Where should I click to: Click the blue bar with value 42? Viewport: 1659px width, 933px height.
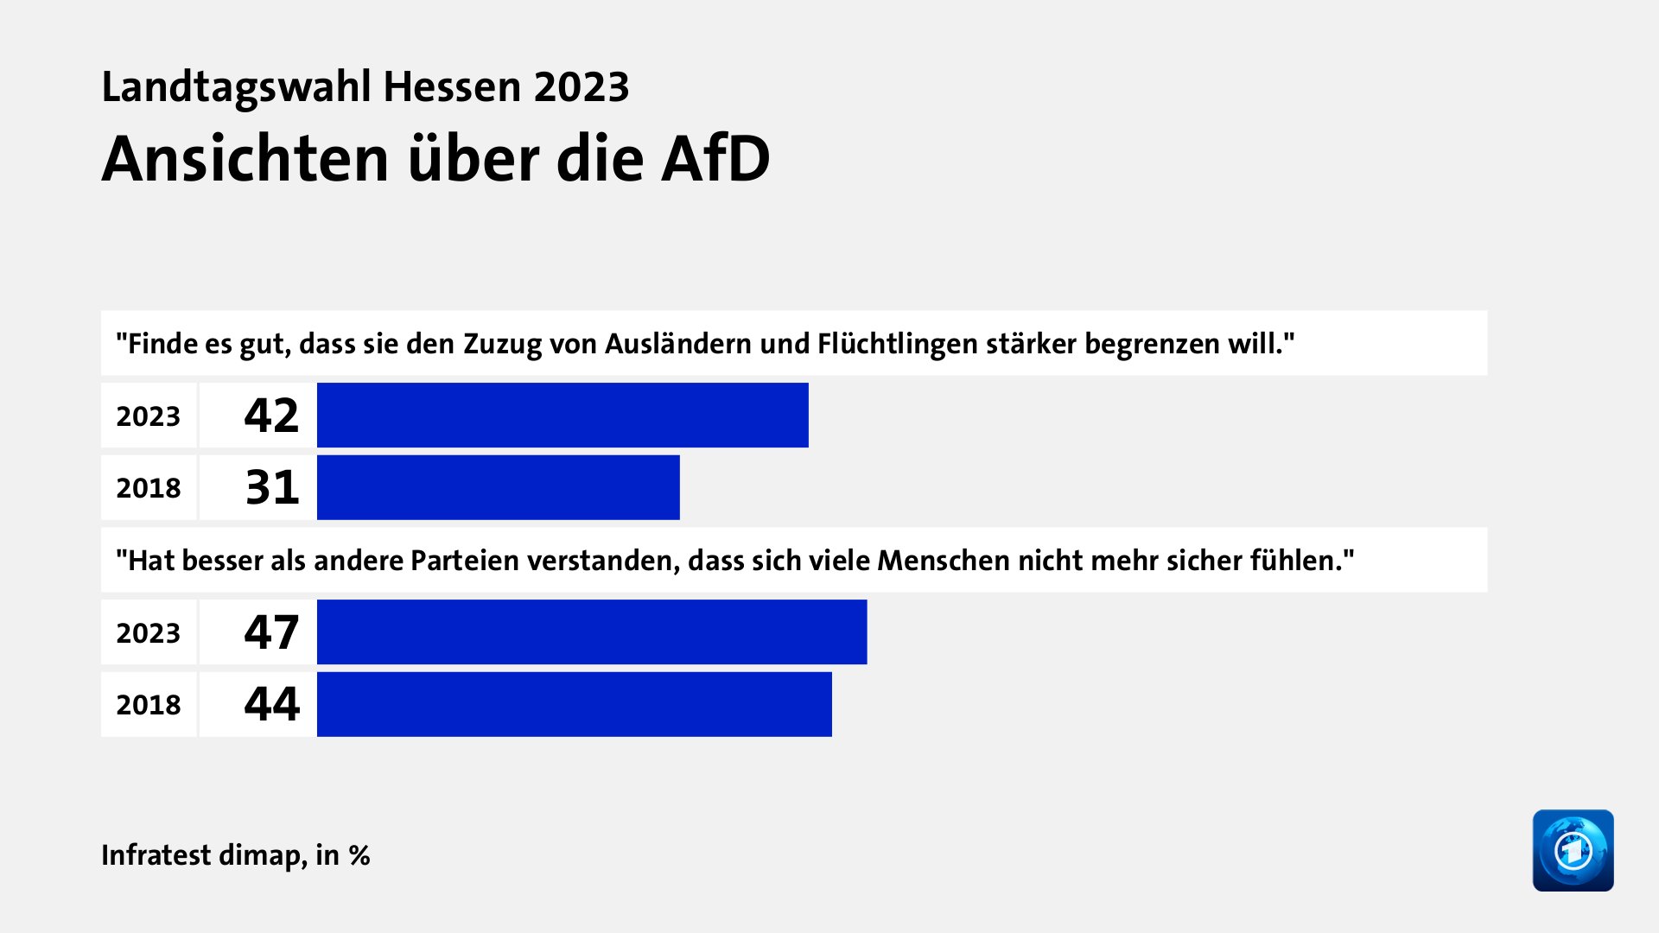click(x=563, y=416)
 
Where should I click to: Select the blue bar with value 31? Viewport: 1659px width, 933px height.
click(x=498, y=487)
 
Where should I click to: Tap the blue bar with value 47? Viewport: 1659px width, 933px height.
click(x=592, y=632)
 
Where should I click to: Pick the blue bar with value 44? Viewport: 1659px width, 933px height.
click(x=574, y=704)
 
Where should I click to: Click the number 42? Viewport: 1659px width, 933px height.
click(x=271, y=416)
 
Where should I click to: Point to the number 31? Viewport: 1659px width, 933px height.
click(x=272, y=487)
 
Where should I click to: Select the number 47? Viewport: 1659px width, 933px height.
click(x=271, y=632)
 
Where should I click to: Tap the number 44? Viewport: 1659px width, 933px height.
click(x=271, y=704)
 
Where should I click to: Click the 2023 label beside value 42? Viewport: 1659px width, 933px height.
click(x=149, y=416)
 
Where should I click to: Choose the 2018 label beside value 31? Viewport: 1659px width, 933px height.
click(x=149, y=488)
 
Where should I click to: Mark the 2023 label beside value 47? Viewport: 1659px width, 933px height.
click(x=149, y=633)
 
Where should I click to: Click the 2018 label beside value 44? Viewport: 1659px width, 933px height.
click(x=149, y=705)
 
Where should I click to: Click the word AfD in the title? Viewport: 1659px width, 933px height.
click(x=715, y=159)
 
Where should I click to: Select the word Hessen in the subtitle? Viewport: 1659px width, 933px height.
click(x=452, y=87)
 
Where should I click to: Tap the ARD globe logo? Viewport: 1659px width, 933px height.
click(x=1573, y=850)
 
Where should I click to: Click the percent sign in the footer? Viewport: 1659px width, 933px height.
click(x=359, y=855)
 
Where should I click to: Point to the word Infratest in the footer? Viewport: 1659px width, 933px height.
click(x=156, y=854)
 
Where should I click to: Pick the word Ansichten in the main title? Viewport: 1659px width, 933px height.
click(x=245, y=159)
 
